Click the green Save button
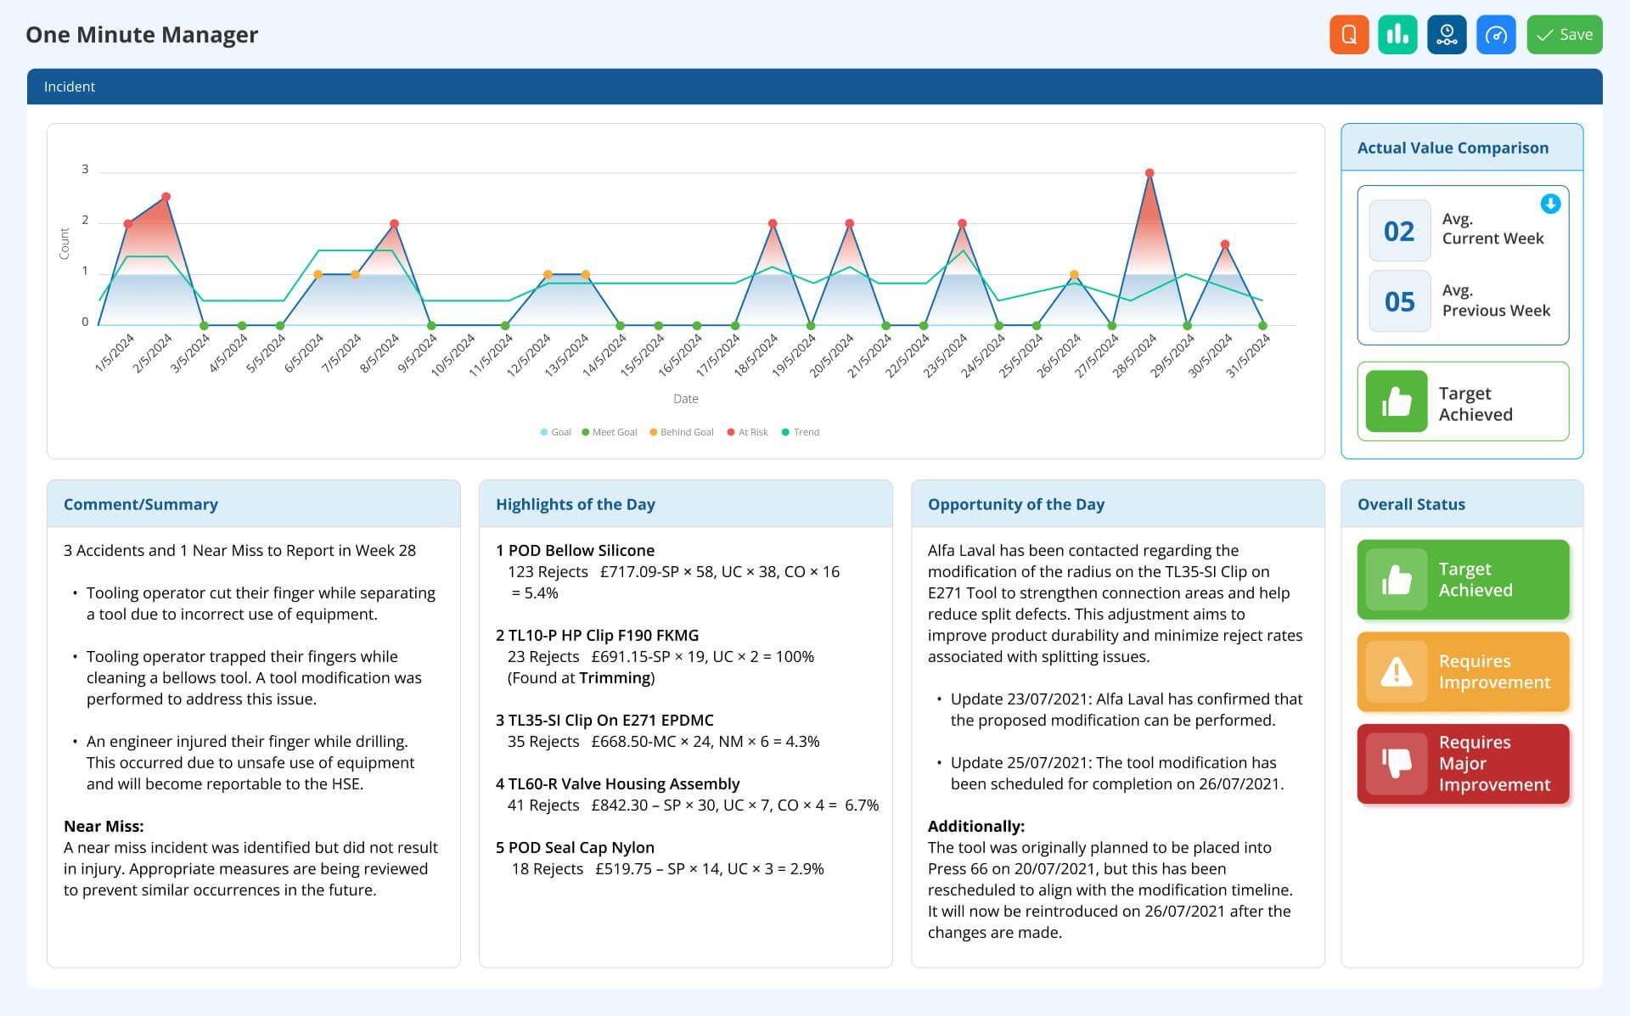1564,35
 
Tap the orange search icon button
1349,35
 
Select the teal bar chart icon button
1397,35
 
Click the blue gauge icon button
1496,35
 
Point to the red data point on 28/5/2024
1149,173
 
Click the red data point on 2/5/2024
166,197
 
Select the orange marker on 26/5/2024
1074,275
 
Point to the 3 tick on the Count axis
85,170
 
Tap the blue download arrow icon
1550,204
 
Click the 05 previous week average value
1399,302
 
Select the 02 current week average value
1399,231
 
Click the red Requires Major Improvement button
1463,764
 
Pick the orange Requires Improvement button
1463,671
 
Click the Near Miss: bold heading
104,826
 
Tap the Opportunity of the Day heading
1015,504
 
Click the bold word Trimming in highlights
615,677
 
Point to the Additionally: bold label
975,826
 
